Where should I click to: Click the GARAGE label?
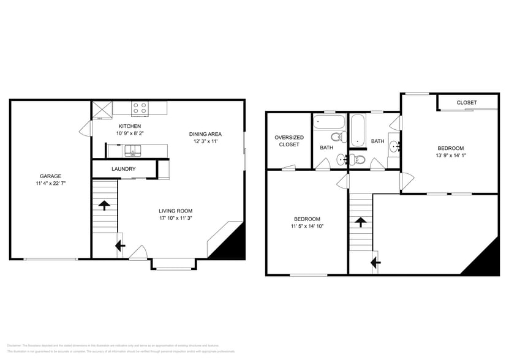(x=51, y=176)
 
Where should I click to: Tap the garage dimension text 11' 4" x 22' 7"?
(x=51, y=184)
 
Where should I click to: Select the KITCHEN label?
(x=130, y=126)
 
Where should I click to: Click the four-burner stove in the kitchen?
(x=140, y=108)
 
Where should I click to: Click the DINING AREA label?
(x=205, y=134)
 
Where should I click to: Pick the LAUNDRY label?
(x=124, y=169)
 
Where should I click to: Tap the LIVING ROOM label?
(x=176, y=211)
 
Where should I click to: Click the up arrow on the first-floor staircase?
(x=104, y=205)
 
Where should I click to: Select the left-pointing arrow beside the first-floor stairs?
(x=120, y=246)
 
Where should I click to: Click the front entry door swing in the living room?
(x=139, y=252)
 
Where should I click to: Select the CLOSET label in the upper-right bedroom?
(x=466, y=102)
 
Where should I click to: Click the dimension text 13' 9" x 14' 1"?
(x=450, y=156)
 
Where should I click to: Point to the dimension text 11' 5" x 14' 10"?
(x=306, y=226)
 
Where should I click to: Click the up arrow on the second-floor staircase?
(x=361, y=222)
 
